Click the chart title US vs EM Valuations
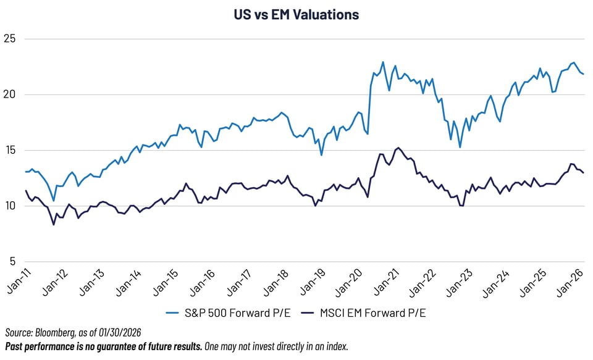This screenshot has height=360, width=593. coord(296,14)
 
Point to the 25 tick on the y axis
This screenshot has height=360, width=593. coord(10,39)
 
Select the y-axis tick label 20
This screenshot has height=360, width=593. coord(10,94)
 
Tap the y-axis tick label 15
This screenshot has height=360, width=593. coord(10,150)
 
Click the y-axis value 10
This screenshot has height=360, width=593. coord(10,206)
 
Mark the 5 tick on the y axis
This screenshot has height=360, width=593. coord(12,261)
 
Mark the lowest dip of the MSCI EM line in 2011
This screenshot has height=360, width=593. coord(54,224)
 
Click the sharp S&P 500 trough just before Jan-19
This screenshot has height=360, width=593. coord(321,154)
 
